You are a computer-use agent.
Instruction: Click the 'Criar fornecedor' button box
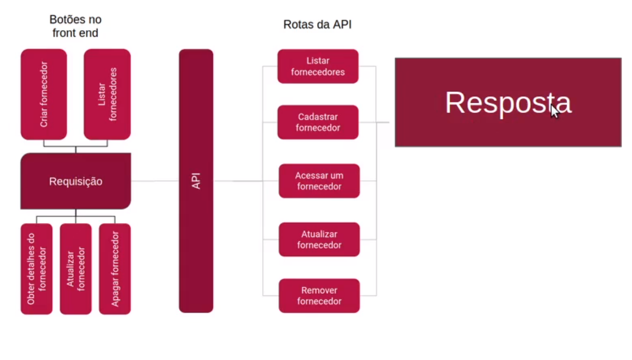coord(44,94)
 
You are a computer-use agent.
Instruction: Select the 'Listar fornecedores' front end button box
coord(107,94)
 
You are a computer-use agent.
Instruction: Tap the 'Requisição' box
coord(75,181)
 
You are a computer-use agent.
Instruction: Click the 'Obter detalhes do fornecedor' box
coord(37,269)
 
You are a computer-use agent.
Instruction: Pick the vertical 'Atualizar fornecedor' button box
coord(75,269)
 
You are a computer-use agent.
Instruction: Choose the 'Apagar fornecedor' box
coord(115,269)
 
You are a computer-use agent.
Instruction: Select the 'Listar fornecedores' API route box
coord(318,66)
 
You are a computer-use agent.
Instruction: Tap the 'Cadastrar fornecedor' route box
coord(318,122)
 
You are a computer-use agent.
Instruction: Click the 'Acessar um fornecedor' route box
coord(319,181)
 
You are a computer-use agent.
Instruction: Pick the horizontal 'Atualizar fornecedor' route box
coord(319,239)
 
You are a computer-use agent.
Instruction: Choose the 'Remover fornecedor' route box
coord(319,295)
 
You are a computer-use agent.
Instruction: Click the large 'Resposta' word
coord(508,102)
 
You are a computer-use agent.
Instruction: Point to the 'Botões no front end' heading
coord(75,26)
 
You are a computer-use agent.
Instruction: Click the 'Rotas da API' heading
coord(317,25)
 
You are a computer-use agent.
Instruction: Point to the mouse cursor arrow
coord(554,111)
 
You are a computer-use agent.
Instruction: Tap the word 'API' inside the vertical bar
coord(196,181)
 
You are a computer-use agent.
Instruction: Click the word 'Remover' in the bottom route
coord(319,290)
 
